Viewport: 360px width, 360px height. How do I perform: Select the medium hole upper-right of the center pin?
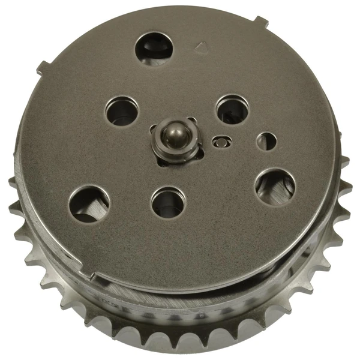231,110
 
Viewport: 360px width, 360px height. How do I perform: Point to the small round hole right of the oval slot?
266,142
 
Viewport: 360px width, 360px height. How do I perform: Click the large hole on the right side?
274,187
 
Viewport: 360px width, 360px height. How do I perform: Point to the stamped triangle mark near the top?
201,46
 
